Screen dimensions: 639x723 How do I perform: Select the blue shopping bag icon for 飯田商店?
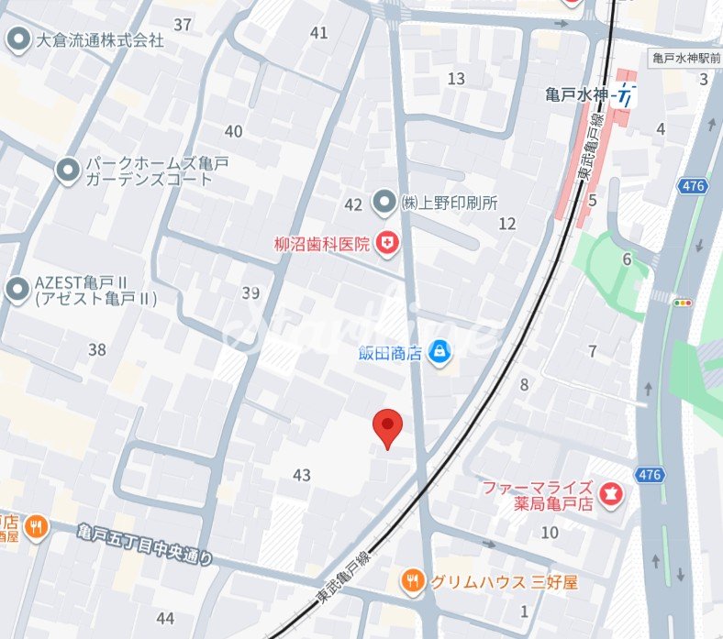(x=441, y=350)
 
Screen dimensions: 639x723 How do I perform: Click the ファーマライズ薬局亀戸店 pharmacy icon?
(x=613, y=496)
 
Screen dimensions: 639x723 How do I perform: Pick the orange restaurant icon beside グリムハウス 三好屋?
(x=413, y=580)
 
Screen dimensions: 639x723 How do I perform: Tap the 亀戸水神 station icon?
(x=627, y=94)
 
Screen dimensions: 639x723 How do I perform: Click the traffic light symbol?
(x=684, y=302)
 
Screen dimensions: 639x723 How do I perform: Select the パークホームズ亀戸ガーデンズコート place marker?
(x=67, y=170)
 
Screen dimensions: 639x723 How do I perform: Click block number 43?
(x=302, y=475)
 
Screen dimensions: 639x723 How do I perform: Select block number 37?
(x=183, y=25)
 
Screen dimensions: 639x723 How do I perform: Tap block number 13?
(x=456, y=79)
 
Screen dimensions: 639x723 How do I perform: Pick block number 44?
(x=165, y=618)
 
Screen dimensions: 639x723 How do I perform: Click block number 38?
(x=97, y=349)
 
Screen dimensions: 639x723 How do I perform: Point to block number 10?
(x=550, y=533)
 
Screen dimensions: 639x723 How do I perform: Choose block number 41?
(x=318, y=33)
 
